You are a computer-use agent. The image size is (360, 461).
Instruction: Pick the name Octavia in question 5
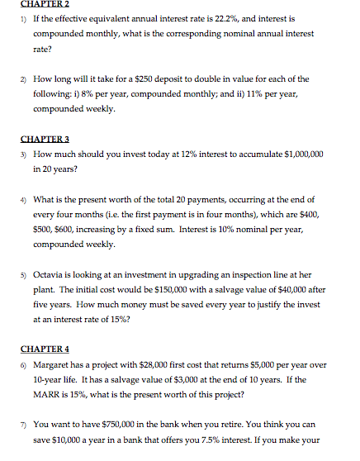tap(50, 275)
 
